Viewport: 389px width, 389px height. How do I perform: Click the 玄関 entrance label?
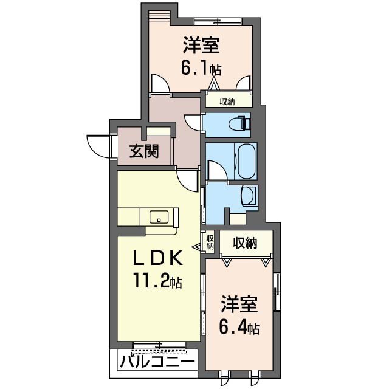(x=144, y=151)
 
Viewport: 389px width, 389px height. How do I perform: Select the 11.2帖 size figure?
(x=158, y=280)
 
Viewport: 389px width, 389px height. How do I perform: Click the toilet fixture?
(x=240, y=123)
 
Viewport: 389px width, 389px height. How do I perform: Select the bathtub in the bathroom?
(x=246, y=161)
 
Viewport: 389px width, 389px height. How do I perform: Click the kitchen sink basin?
(x=159, y=217)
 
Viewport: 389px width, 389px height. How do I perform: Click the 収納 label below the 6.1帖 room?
(x=227, y=102)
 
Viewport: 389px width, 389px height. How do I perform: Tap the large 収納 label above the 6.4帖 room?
(x=245, y=243)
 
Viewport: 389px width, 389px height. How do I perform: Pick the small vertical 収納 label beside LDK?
(x=210, y=242)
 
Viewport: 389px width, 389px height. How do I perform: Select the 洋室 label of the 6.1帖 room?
(x=201, y=45)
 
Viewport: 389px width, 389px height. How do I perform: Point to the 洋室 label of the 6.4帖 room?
(x=239, y=305)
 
